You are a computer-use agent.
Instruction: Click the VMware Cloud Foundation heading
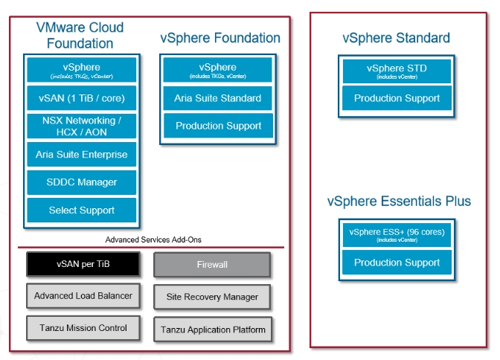[80, 35]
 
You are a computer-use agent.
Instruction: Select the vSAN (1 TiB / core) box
[82, 97]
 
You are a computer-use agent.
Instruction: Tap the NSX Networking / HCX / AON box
[82, 126]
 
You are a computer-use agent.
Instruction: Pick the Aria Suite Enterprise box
[82, 155]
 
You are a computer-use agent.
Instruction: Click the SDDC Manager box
[82, 182]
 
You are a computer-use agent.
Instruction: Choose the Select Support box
[82, 210]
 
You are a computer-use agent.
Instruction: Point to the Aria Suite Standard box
[218, 98]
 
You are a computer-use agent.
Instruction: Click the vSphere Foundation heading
[220, 38]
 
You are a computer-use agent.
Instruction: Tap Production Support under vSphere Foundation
[218, 126]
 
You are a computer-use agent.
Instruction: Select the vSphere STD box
[397, 71]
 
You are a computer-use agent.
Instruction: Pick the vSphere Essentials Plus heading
[399, 201]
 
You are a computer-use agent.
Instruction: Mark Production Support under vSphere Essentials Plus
[397, 263]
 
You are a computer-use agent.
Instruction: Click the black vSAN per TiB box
[83, 265]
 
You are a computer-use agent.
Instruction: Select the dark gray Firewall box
[212, 265]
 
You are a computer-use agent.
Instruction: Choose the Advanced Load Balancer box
[83, 296]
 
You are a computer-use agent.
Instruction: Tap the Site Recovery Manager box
[212, 297]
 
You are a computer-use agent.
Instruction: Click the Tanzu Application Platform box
[212, 329]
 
